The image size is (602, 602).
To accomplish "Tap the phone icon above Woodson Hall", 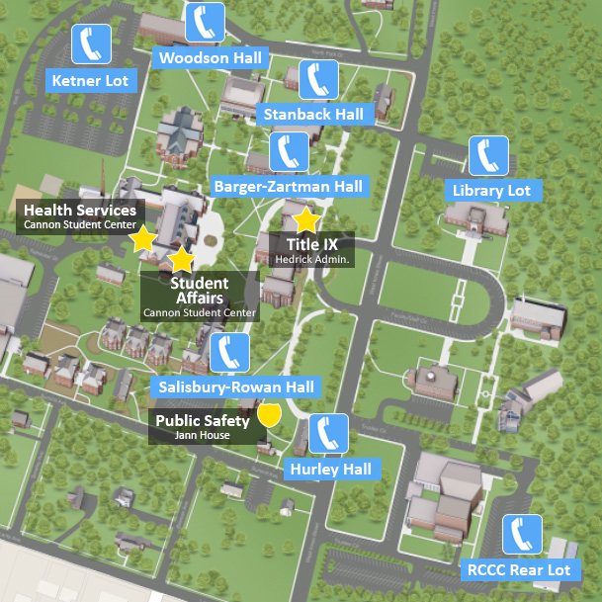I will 206,21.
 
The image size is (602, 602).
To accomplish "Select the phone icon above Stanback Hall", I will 318,78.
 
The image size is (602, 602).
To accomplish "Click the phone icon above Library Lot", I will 488,155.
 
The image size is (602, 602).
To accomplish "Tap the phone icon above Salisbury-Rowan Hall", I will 229,352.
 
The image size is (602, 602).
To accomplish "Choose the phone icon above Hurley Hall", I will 328,433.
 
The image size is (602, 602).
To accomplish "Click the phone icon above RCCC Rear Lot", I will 521,535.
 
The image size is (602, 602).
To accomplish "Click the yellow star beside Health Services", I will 144,238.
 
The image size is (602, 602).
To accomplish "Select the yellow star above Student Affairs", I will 181,260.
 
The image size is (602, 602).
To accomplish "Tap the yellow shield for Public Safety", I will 269,414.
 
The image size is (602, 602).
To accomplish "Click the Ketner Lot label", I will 90,80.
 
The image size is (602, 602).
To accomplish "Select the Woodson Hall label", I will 211,58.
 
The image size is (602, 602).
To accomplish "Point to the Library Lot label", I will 491,191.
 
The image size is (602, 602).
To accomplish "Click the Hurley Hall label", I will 331,469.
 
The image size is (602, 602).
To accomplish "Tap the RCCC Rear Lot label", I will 518,570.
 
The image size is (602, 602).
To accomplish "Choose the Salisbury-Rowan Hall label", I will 236,387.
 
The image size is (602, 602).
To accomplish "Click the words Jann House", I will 202,436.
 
